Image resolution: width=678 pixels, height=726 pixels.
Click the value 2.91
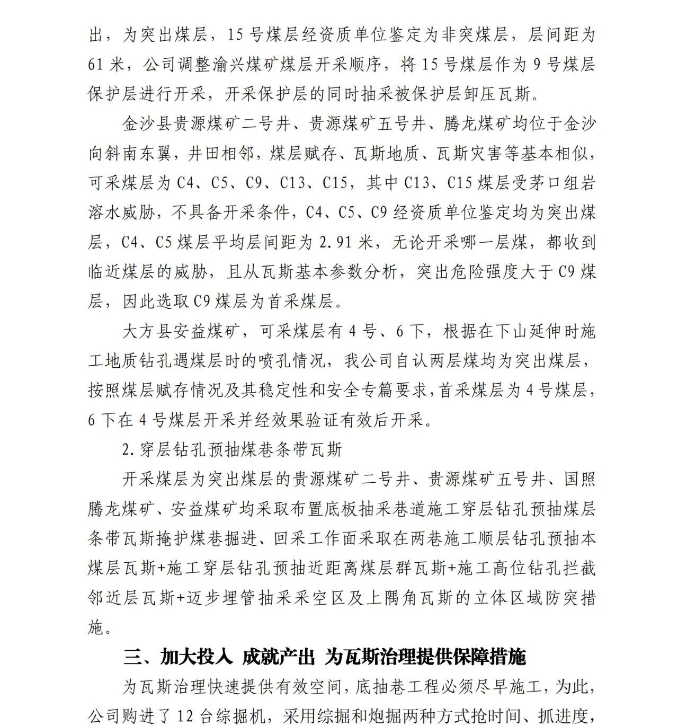[x=337, y=242]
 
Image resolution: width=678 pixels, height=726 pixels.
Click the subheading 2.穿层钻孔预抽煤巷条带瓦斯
[x=232, y=450]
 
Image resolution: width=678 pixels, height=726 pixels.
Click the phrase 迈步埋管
[x=225, y=598]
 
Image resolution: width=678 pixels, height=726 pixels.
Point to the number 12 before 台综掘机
[x=190, y=717]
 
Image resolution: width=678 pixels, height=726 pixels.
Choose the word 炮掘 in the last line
[x=398, y=717]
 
